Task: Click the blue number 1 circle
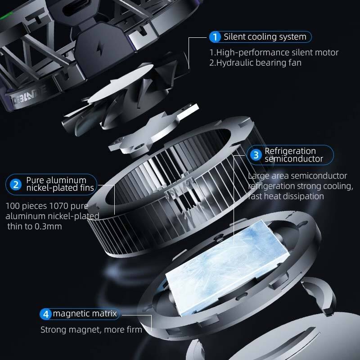[x=215, y=37]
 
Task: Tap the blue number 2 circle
[x=16, y=184]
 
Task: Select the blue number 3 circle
[x=256, y=155]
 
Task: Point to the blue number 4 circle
[x=46, y=314]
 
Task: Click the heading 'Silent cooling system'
[x=265, y=37]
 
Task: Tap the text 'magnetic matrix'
[x=85, y=314]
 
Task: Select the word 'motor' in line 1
[x=327, y=52]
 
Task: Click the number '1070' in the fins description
[x=59, y=206]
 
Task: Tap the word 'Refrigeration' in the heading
[x=290, y=151]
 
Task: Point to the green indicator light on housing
[x=6, y=16]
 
